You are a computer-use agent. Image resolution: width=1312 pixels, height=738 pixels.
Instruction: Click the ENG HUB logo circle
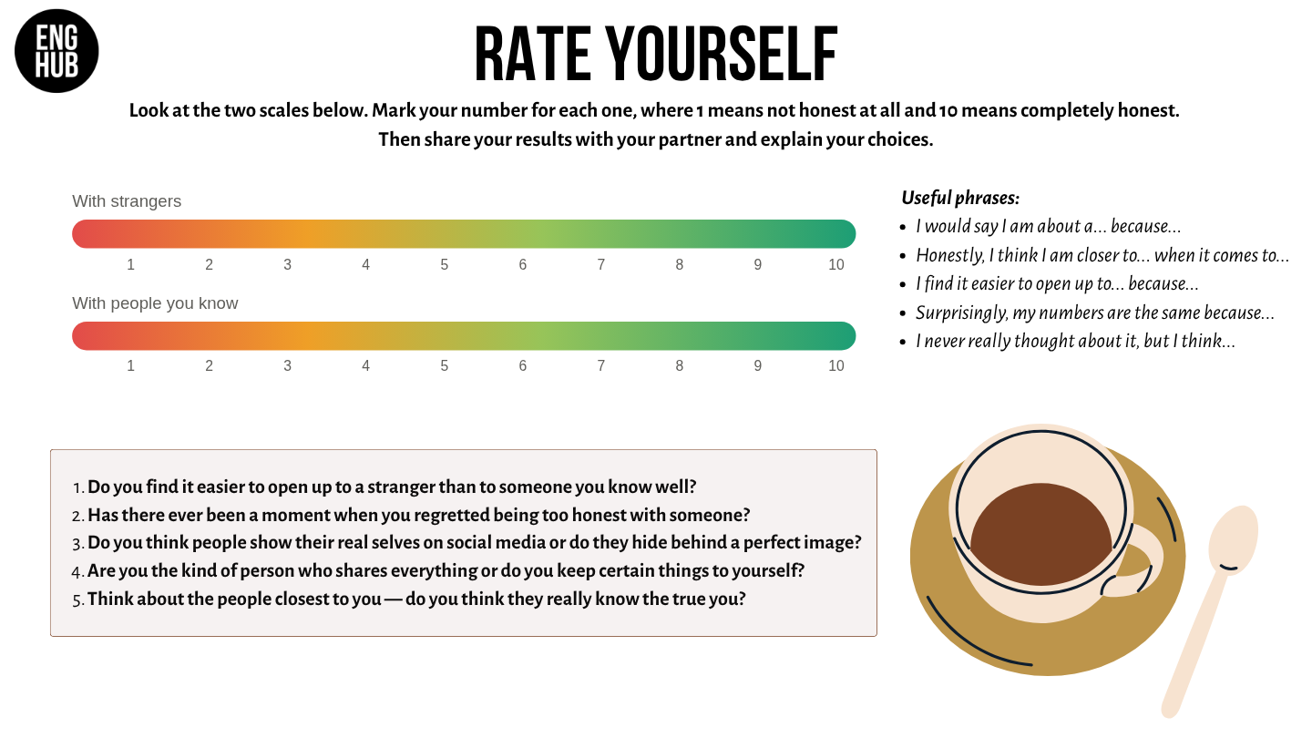(56, 51)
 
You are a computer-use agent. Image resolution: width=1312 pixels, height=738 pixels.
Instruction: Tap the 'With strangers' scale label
(127, 200)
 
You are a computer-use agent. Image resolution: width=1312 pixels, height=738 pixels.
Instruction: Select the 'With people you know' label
(155, 302)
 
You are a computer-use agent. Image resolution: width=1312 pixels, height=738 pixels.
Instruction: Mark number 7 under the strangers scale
(601, 265)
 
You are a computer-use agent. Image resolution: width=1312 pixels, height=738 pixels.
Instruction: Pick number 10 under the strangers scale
(835, 265)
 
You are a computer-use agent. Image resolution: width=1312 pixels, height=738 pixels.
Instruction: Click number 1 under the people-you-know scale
(130, 366)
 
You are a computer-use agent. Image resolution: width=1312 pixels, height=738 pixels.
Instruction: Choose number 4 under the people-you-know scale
(365, 366)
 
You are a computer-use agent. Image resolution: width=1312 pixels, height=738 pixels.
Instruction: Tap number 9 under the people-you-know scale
(757, 366)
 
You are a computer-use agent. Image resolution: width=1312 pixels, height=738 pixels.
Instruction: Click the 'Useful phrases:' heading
(960, 198)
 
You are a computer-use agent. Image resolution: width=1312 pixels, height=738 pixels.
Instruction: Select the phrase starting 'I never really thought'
(1075, 341)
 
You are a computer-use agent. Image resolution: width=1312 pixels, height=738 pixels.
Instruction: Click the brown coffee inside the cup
(1041, 534)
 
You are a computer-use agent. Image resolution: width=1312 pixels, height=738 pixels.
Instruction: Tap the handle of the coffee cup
(1136, 561)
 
